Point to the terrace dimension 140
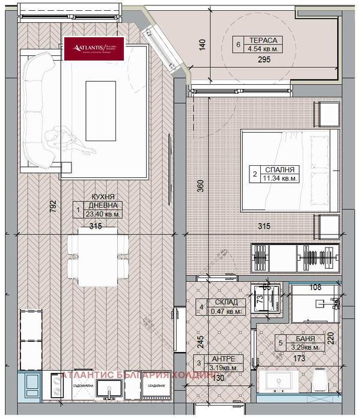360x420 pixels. pos(203,44)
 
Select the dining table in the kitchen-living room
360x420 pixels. pos(98,256)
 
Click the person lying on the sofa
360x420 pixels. pos(69,139)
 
